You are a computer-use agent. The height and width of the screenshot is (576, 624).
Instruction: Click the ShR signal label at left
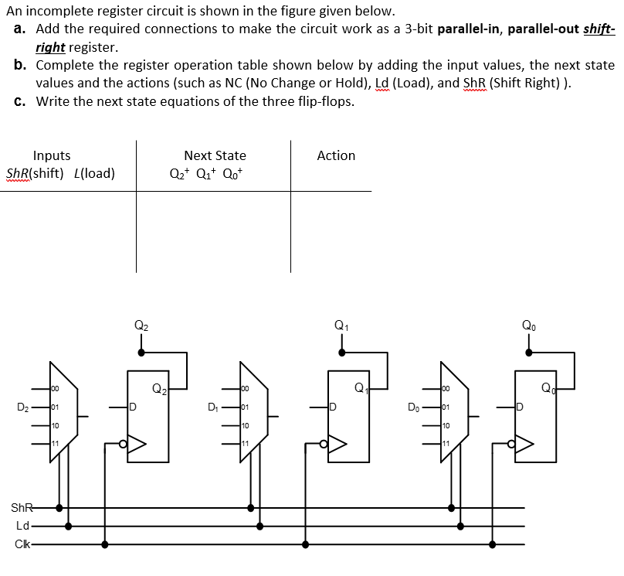22,508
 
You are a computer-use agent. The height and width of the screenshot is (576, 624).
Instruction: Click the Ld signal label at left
23,526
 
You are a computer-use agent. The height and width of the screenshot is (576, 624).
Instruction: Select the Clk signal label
23,544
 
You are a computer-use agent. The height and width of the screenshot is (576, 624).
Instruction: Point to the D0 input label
414,406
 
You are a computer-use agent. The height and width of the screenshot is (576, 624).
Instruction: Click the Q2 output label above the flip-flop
140,325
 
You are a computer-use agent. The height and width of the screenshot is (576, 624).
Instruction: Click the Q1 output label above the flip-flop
340,325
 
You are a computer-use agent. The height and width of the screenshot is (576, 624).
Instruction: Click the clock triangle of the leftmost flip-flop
136,444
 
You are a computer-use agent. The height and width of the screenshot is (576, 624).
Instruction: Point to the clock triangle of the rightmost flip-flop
524,444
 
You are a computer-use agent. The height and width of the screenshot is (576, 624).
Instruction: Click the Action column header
336,155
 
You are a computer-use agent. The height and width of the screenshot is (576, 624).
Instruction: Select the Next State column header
215,155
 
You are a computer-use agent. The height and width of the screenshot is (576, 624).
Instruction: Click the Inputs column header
52,155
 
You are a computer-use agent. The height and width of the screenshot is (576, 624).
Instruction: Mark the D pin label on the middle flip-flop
333,406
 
